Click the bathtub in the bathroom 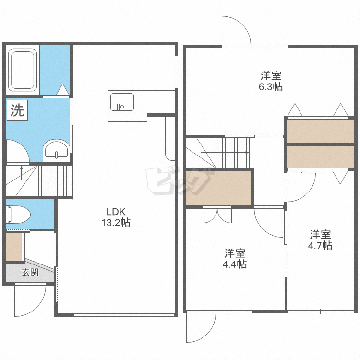click(x=23, y=70)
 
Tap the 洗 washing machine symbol click(x=17, y=110)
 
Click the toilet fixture click(x=18, y=215)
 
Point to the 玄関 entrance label click(x=30, y=272)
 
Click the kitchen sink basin click(x=122, y=102)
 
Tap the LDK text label click(x=116, y=212)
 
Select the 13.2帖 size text click(x=116, y=222)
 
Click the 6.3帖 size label click(x=271, y=87)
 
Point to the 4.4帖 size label click(x=235, y=264)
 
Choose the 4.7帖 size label click(x=320, y=245)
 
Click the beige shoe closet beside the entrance click(x=14, y=247)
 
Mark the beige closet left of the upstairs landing click(x=218, y=188)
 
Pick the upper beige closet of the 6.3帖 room click(x=321, y=131)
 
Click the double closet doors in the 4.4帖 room click(x=217, y=216)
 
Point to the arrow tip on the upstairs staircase click(x=249, y=152)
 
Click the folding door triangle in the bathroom click(x=63, y=90)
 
